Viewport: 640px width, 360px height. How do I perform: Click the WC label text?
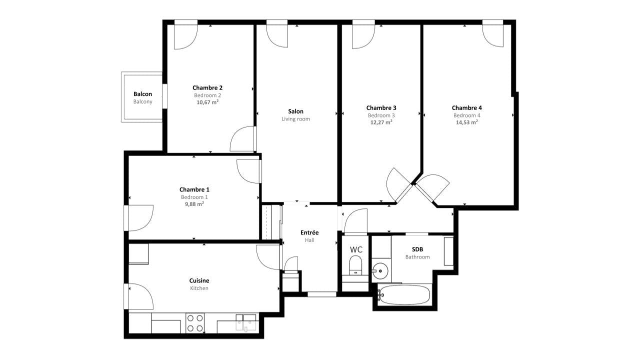click(x=356, y=249)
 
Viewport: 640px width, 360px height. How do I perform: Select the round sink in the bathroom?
click(x=380, y=271)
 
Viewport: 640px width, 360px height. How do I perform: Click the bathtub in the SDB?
click(x=404, y=294)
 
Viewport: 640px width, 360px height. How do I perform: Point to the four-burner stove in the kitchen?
click(x=195, y=323)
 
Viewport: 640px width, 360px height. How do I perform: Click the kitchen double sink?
click(x=245, y=322)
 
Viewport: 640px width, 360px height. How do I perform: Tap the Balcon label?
click(x=142, y=94)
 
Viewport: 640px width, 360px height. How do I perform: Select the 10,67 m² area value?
click(x=207, y=102)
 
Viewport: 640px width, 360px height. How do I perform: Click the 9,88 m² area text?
click(x=194, y=204)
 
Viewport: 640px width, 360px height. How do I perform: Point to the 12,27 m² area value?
click(x=381, y=122)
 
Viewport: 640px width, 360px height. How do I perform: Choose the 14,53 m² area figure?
click(x=466, y=122)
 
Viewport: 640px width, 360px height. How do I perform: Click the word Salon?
click(x=295, y=111)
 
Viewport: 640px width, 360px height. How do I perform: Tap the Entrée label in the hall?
click(x=309, y=232)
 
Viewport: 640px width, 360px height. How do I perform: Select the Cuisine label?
click(x=199, y=280)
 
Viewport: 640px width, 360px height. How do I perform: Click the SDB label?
click(x=417, y=249)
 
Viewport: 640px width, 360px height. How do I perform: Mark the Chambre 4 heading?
click(x=466, y=107)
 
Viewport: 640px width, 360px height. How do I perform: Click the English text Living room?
click(x=295, y=119)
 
